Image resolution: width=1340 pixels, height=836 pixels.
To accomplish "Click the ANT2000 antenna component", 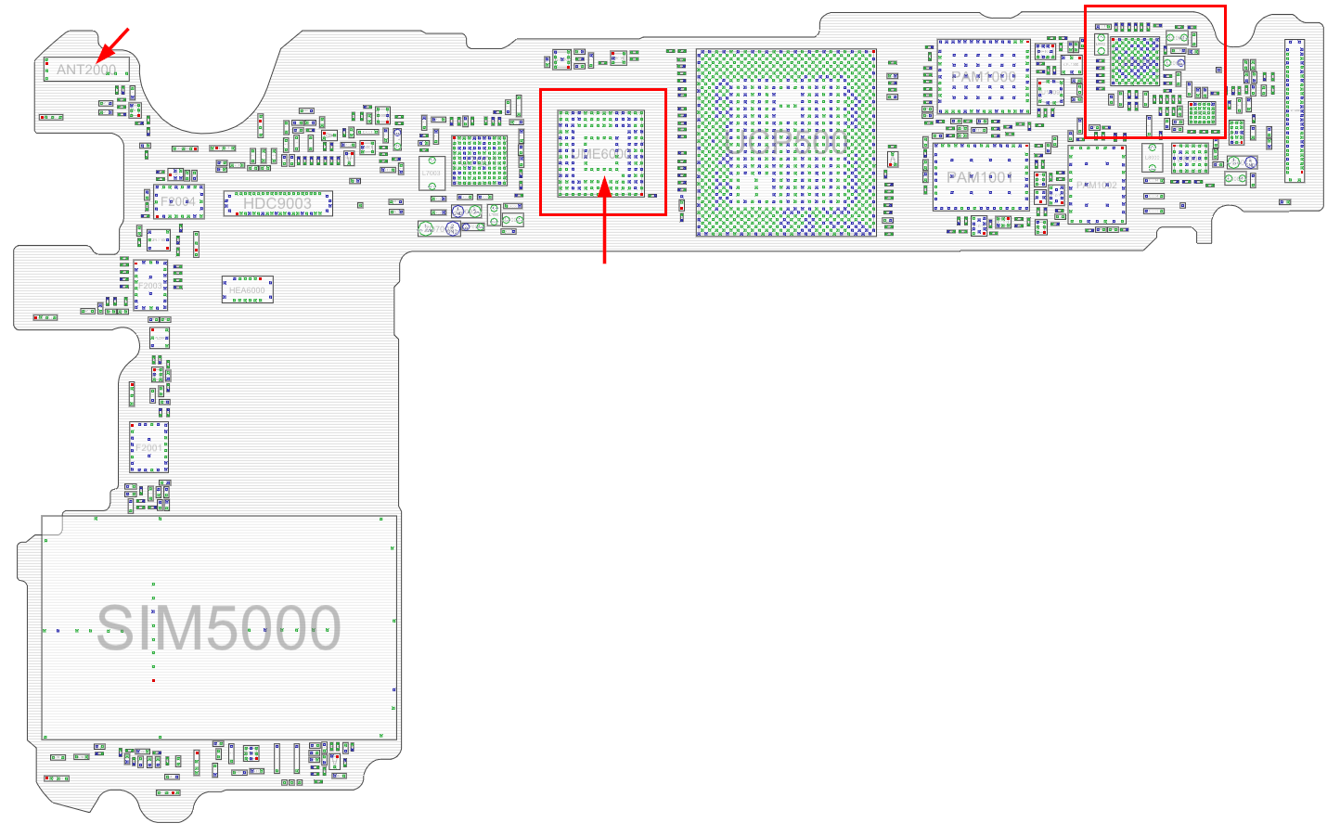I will tap(86, 69).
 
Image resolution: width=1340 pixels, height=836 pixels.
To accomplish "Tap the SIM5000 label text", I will tap(219, 628).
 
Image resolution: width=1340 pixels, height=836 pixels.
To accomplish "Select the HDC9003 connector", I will tap(277, 203).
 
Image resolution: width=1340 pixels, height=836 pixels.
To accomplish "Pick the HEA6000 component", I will tap(247, 289).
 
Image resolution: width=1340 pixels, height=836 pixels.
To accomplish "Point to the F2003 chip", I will tap(150, 286).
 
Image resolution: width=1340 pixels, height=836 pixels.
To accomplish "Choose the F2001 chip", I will tap(148, 447).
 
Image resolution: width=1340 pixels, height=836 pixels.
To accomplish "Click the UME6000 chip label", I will tap(601, 154).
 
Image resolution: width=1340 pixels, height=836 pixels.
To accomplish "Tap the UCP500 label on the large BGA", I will tap(785, 142).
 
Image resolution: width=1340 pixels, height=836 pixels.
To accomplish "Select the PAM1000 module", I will tap(984, 77).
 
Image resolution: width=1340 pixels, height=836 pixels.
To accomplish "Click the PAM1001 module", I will tap(982, 176).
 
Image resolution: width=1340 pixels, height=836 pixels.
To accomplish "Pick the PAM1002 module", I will tap(1097, 185).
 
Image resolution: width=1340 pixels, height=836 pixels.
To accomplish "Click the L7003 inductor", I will tap(432, 174).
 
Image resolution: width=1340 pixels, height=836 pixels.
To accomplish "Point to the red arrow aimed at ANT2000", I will tap(115, 43).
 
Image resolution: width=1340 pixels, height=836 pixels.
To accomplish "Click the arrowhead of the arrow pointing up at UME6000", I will tap(605, 186).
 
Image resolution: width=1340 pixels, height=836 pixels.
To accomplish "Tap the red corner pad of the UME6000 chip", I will tap(641, 194).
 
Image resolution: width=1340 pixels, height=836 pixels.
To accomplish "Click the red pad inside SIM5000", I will tap(153, 680).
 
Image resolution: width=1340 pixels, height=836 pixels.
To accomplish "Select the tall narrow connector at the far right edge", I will tap(1294, 110).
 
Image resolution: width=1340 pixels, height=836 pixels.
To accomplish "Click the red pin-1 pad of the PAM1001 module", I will tap(936, 206).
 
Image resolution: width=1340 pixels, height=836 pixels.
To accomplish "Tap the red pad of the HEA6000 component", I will tap(226, 279).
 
